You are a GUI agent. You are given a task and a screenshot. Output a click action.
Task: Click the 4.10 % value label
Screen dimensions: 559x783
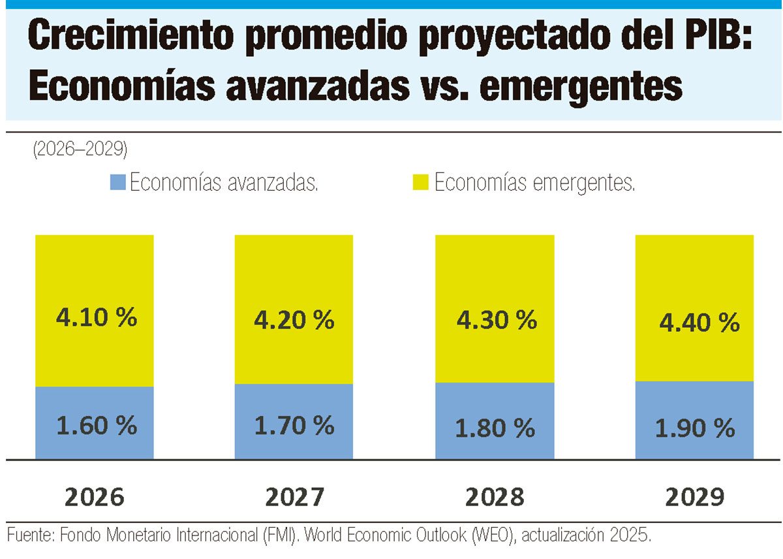pos(97,317)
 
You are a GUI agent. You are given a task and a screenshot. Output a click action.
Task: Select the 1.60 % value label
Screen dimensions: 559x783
pos(97,426)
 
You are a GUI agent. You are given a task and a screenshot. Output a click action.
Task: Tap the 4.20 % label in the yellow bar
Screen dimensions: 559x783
pos(294,320)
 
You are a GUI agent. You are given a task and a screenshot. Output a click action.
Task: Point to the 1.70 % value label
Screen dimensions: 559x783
pos(294,426)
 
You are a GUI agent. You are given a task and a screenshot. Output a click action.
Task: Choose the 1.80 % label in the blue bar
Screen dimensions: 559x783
pos(495,428)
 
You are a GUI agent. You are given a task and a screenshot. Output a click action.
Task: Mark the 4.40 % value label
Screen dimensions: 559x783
pos(699,322)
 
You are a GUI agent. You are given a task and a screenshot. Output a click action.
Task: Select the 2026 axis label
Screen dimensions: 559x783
pos(94,498)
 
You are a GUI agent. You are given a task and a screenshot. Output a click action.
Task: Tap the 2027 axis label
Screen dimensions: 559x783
pos(294,498)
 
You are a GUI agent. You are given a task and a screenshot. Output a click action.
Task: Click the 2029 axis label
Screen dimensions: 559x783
pos(694,498)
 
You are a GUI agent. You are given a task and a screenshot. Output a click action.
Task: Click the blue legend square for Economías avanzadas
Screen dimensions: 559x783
pos(117,182)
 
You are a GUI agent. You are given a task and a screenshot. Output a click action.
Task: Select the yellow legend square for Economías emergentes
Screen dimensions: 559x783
pos(421,182)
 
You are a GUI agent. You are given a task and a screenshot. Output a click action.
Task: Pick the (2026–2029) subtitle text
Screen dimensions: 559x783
pos(79,150)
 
